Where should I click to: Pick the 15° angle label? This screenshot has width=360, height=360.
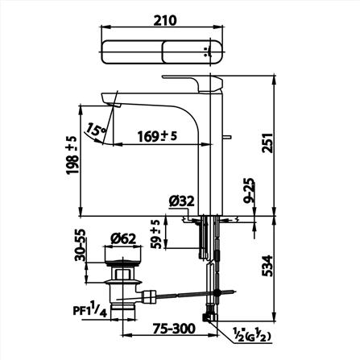point(97,129)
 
